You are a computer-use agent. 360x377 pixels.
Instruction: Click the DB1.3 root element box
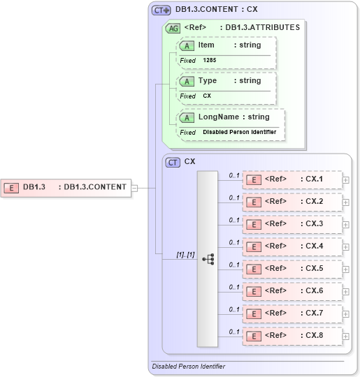66,187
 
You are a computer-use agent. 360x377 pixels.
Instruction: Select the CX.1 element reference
292,179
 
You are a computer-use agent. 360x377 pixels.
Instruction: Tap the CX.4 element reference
292,246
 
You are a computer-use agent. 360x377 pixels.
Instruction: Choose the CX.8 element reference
292,336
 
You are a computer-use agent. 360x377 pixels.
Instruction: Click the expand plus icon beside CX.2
346,202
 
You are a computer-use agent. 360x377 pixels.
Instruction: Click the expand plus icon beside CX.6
346,292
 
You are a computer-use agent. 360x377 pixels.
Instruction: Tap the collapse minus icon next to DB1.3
135,187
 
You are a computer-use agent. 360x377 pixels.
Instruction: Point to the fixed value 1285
210,61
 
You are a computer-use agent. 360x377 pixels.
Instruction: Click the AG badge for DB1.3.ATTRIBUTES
172,29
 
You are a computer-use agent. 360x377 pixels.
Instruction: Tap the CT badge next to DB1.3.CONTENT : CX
161,10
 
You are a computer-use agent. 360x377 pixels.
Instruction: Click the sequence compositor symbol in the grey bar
208,259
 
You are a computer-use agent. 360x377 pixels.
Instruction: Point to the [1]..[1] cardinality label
185,256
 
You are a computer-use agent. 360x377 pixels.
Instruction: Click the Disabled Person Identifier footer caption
188,367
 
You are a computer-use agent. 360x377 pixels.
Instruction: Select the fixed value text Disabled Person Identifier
239,132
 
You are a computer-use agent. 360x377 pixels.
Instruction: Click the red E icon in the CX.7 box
255,313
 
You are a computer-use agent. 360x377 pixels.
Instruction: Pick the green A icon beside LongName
187,117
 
